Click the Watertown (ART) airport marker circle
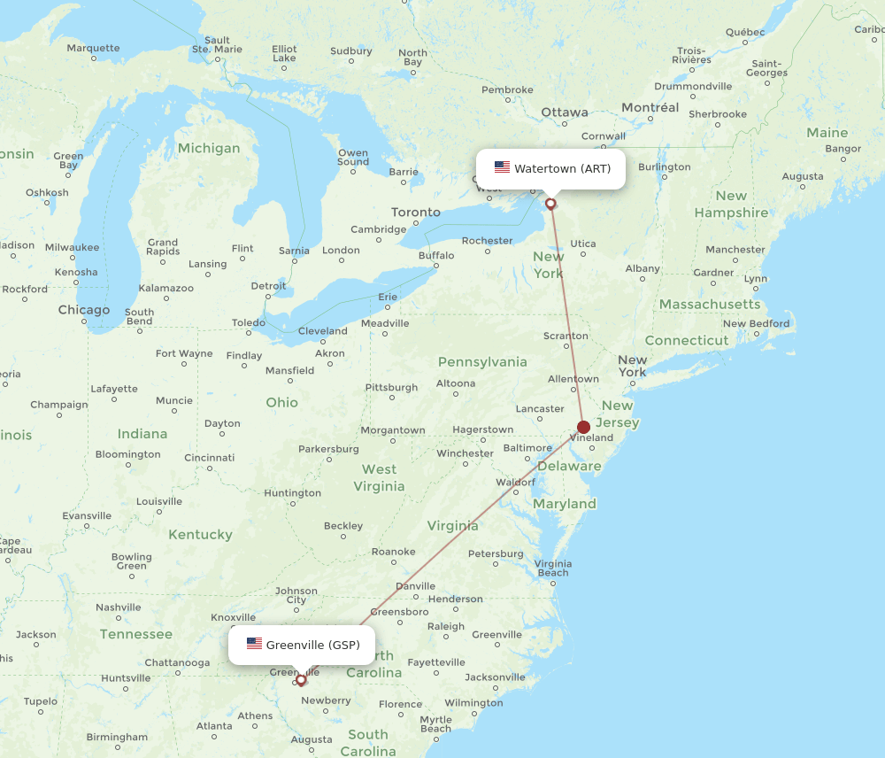(x=550, y=204)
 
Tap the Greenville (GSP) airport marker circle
(x=301, y=680)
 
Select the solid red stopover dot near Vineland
(x=583, y=427)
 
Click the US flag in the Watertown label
(x=502, y=168)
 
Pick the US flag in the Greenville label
(x=254, y=644)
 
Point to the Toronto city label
(x=416, y=213)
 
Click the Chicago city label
(x=84, y=310)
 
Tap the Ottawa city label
(x=565, y=112)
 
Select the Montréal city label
(x=650, y=108)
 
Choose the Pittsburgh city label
(x=391, y=388)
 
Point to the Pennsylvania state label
(x=482, y=361)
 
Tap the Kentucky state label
(x=200, y=535)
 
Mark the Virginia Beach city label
(x=552, y=568)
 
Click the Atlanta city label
(x=214, y=726)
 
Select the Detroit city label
(x=268, y=286)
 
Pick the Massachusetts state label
(x=709, y=305)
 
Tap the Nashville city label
(x=119, y=607)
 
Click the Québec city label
(x=744, y=32)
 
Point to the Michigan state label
(x=208, y=149)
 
